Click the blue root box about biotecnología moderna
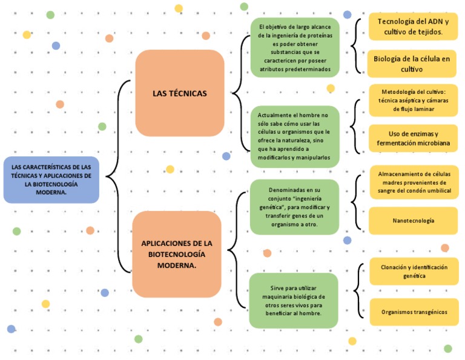click(51, 179)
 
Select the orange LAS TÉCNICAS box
click(180, 93)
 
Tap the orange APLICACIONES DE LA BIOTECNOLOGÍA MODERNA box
click(177, 254)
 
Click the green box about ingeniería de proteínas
click(295, 48)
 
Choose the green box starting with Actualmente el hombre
click(295, 136)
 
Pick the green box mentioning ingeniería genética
click(294, 207)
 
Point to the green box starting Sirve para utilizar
click(294, 301)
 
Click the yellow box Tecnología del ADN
click(414, 27)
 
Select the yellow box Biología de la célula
click(412, 64)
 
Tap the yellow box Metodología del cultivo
click(414, 100)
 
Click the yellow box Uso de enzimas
click(414, 139)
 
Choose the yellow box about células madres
click(414, 182)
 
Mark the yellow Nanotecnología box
click(414, 221)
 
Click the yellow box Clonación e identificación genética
click(414, 271)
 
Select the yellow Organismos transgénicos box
click(414, 312)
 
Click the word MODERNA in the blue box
click(51, 192)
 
